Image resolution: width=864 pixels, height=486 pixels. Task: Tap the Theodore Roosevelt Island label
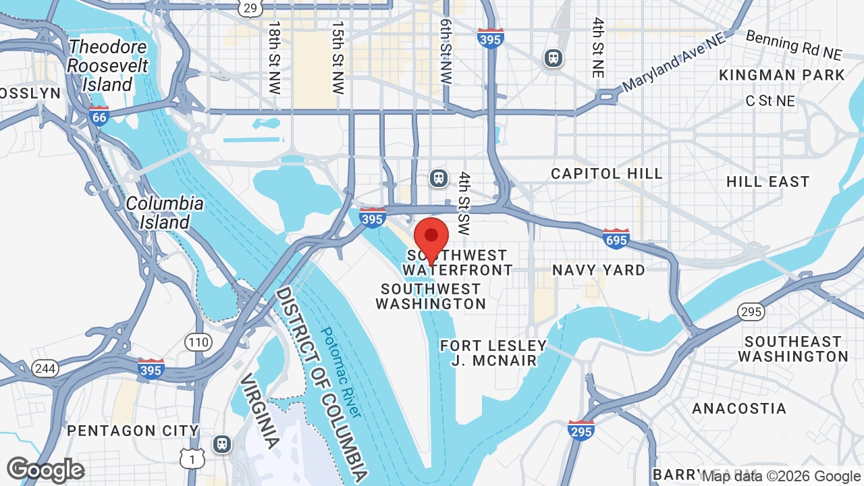pyautogui.click(x=107, y=66)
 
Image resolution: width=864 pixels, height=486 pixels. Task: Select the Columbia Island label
pyautogui.click(x=165, y=213)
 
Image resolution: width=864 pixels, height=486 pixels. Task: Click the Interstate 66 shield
pyautogui.click(x=99, y=117)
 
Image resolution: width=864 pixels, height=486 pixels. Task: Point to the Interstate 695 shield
pyautogui.click(x=616, y=238)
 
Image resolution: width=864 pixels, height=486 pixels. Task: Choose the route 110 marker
pyautogui.click(x=198, y=342)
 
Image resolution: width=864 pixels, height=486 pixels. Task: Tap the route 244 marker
pyautogui.click(x=45, y=369)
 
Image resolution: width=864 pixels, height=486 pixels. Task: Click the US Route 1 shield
pyautogui.click(x=192, y=458)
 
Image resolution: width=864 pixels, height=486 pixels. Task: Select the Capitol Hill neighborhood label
pyautogui.click(x=607, y=173)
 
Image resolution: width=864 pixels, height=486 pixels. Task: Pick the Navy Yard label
pyautogui.click(x=599, y=270)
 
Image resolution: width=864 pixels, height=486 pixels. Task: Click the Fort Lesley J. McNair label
pyautogui.click(x=493, y=353)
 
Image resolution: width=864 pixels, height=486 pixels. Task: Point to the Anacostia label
pyautogui.click(x=739, y=408)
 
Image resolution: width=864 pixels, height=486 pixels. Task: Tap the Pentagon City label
pyautogui.click(x=133, y=431)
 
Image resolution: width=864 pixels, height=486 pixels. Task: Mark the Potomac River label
pyautogui.click(x=342, y=372)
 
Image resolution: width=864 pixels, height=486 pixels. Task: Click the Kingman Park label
pyautogui.click(x=782, y=75)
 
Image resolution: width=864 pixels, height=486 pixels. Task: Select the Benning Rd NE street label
pyautogui.click(x=794, y=44)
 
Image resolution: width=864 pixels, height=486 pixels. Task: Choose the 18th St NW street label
pyautogui.click(x=274, y=57)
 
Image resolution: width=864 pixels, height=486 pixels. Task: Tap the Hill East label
pyautogui.click(x=767, y=182)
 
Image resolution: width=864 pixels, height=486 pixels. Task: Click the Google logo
pyautogui.click(x=45, y=470)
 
